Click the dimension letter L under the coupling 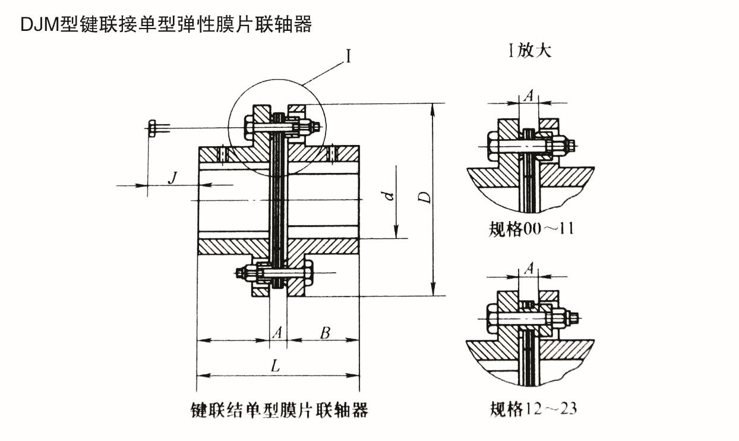pos(275,366)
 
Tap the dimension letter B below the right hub pos(325,333)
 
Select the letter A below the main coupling pos(277,333)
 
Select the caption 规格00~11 pos(531,229)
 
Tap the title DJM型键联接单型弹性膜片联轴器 pos(166,24)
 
